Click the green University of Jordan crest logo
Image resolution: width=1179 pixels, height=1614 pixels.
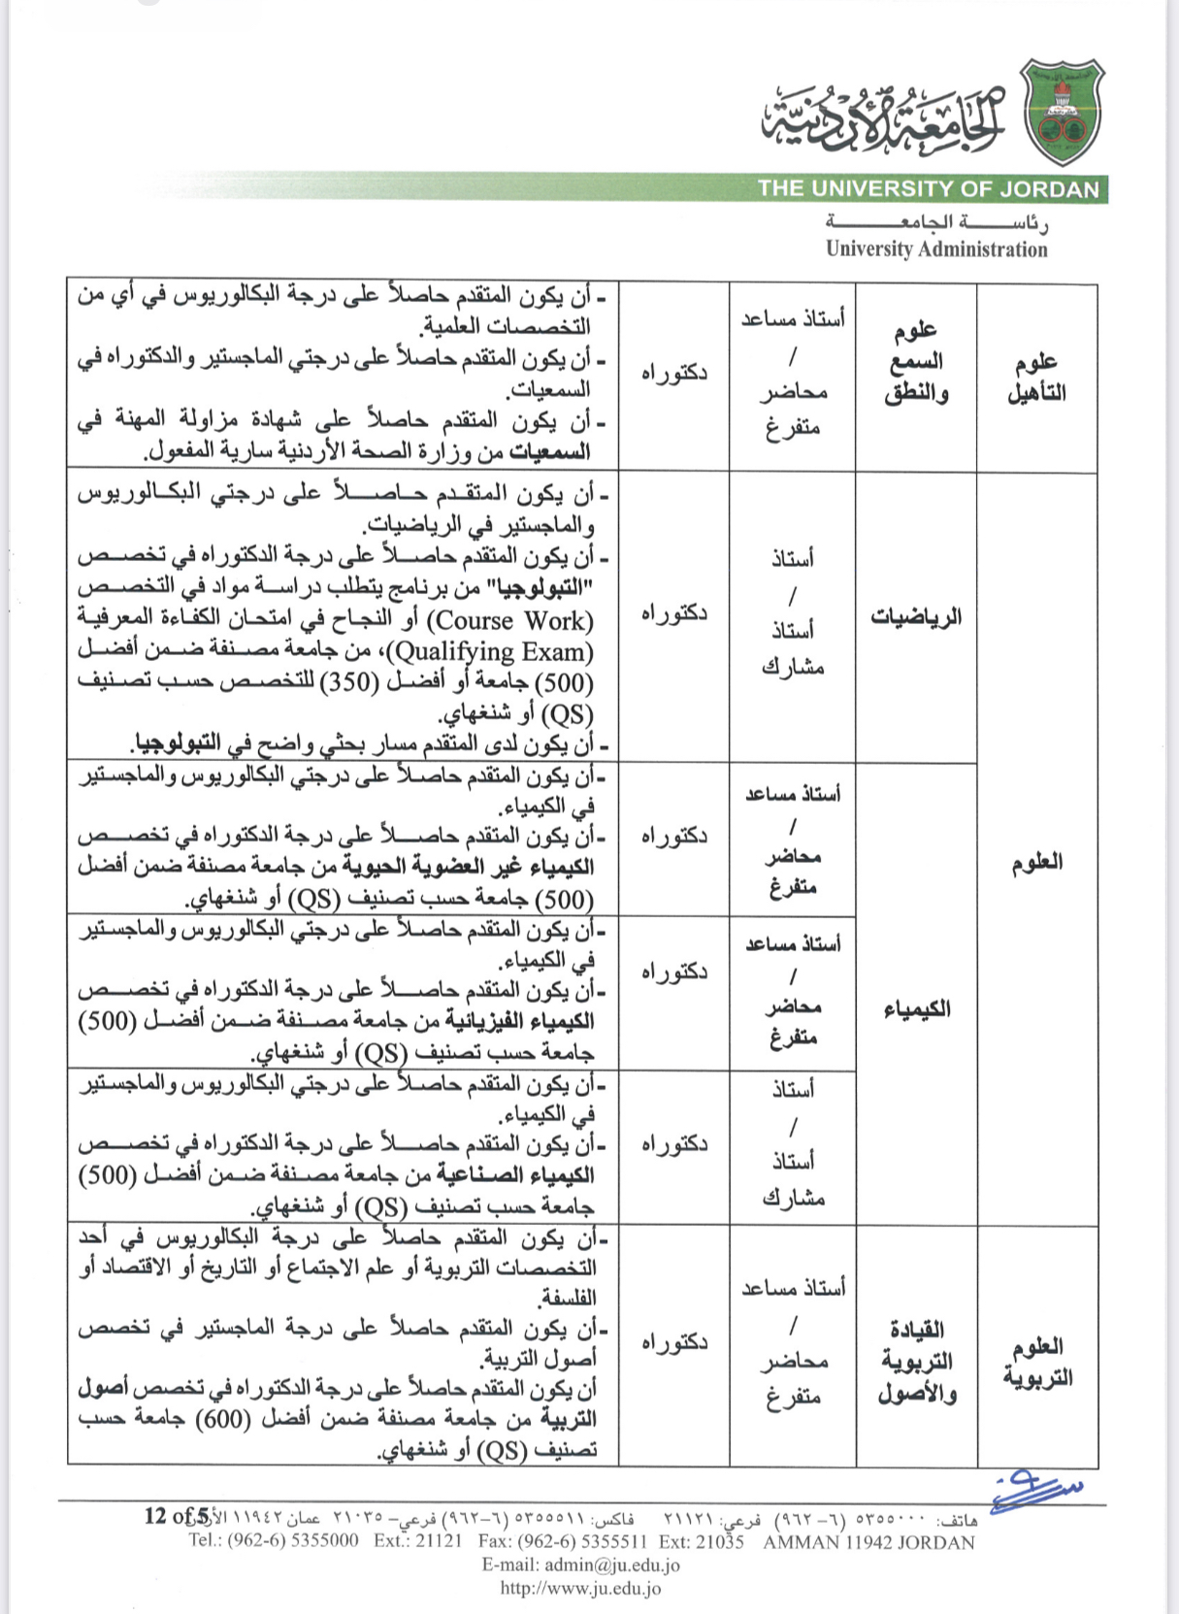tap(1064, 112)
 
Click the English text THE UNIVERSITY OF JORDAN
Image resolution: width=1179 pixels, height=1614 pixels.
tap(928, 189)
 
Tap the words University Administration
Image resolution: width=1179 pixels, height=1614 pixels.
tap(936, 249)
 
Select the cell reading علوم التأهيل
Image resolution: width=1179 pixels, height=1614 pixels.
tap(1036, 378)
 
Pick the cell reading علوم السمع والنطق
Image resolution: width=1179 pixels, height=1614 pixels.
tap(916, 362)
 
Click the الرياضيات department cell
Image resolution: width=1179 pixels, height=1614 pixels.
tap(916, 616)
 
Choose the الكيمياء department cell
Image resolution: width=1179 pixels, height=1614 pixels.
tap(916, 1009)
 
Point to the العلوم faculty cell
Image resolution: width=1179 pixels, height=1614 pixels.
tap(1036, 862)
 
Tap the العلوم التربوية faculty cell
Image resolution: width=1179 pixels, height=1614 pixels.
tap(1036, 1361)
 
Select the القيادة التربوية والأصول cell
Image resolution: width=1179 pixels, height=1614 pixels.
tap(916, 1361)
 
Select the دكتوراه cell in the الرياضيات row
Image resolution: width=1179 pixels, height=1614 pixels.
tap(673, 613)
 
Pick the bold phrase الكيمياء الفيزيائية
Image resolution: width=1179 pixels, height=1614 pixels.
tap(520, 1021)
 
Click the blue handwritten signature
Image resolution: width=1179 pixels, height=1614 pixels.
tap(1034, 1489)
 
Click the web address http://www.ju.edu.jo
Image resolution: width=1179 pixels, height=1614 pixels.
tap(580, 1589)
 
